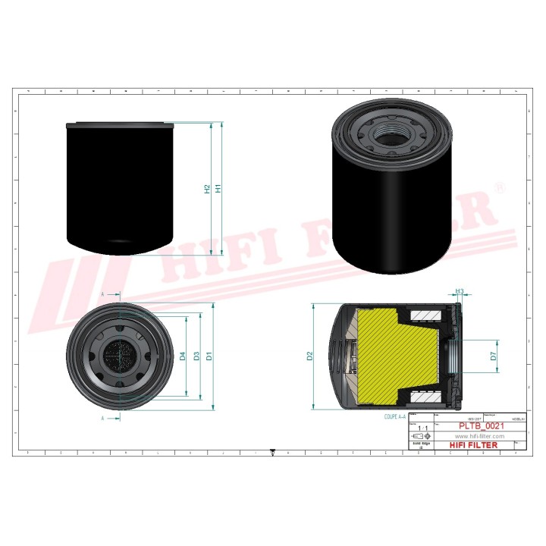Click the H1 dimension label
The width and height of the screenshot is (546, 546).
[x=218, y=188]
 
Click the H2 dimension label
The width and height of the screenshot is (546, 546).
[x=206, y=188]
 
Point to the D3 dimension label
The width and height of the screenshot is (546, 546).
[x=196, y=356]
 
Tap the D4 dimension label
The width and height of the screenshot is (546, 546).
[x=183, y=356]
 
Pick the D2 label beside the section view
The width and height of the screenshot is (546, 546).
[x=309, y=356]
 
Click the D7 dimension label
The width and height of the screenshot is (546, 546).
[x=493, y=355]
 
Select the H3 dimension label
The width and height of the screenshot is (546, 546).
[x=460, y=290]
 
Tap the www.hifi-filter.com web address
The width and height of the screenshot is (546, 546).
[x=479, y=436]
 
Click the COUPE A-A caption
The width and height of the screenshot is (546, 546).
[x=395, y=416]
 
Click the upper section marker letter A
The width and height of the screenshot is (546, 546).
[x=102, y=293]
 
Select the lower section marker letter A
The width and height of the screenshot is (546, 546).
[x=102, y=417]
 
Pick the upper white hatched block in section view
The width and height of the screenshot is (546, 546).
[x=422, y=315]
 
